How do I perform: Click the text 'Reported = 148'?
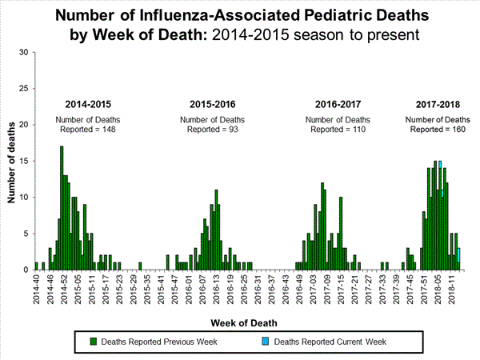[x=88, y=129]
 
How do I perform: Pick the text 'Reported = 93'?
[x=212, y=129]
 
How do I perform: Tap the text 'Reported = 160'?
[x=437, y=129]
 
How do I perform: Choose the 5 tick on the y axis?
[x=26, y=234]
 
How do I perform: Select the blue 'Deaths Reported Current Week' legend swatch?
[x=266, y=342]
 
